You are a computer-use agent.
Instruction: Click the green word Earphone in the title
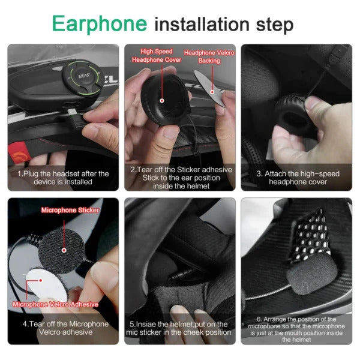[99, 23]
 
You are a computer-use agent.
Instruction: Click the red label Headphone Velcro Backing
[209, 57]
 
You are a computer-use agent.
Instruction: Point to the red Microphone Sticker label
[70, 210]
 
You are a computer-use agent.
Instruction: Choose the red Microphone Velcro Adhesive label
[55, 304]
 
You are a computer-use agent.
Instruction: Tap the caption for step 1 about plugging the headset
[62, 178]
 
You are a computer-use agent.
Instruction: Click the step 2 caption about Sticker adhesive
[179, 178]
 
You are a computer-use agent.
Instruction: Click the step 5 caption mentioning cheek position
[179, 328]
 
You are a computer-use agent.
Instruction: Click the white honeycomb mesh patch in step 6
[312, 240]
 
